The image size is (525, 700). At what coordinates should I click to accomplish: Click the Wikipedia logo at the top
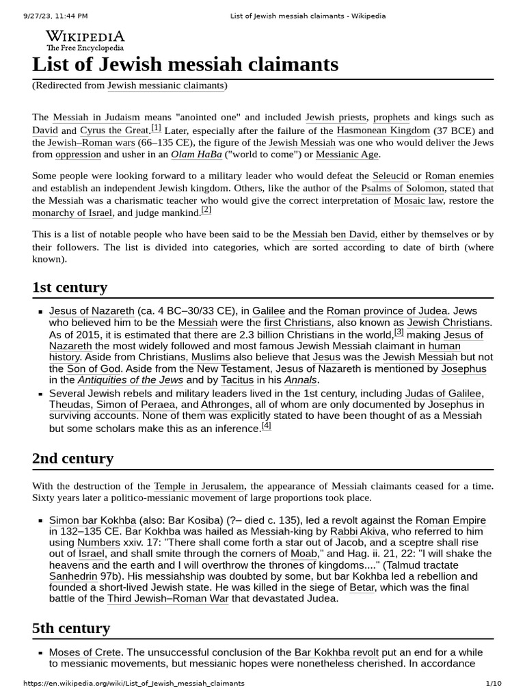point(85,40)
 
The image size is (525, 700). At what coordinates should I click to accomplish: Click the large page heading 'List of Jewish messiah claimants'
point(185,64)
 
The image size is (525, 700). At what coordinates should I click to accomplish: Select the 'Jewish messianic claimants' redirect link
point(166,85)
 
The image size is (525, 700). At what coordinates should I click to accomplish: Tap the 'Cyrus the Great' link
point(114,130)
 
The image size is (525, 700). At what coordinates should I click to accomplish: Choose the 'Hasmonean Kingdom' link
point(383,130)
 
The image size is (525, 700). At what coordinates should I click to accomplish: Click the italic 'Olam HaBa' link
point(196,154)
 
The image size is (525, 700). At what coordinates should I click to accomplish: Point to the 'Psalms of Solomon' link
point(403,188)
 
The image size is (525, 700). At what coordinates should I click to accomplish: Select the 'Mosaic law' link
point(418,200)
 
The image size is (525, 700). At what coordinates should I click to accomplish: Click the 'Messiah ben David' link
point(334,234)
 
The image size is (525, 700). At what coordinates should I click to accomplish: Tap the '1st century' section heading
point(70,287)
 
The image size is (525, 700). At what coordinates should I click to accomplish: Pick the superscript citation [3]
point(399,333)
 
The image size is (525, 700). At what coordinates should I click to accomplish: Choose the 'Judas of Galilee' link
point(444,393)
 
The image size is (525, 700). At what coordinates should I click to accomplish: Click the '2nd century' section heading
point(72,458)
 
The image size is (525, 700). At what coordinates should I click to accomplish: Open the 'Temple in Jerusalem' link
point(199,486)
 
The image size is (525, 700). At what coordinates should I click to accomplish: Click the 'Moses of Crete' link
point(85,652)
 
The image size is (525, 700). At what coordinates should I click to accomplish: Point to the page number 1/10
point(494,683)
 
